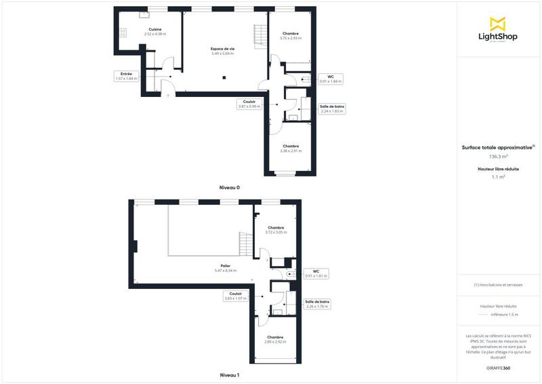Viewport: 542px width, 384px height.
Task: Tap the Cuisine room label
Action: [x=155, y=31]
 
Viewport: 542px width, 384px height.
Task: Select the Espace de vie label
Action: [x=222, y=51]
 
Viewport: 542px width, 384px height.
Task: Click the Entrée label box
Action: [x=126, y=76]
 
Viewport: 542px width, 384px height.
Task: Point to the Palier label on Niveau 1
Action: [x=226, y=268]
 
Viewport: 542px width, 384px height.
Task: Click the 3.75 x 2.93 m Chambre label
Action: [x=290, y=35]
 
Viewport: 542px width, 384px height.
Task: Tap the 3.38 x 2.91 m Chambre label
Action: [x=291, y=148]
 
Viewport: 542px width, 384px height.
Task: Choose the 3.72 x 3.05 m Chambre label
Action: [x=276, y=229]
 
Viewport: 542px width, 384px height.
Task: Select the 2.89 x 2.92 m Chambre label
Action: [x=275, y=339]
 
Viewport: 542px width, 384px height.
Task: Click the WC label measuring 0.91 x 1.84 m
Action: [x=331, y=79]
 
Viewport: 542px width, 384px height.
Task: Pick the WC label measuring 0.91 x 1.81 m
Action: [x=316, y=274]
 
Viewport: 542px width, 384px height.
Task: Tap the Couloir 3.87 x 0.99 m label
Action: [x=249, y=104]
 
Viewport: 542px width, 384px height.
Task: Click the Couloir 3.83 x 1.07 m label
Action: [x=235, y=296]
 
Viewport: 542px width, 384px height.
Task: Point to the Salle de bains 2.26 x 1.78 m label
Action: [x=318, y=304]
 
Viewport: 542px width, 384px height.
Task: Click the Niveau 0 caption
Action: [x=230, y=187]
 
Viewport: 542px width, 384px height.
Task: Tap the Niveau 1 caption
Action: [x=230, y=375]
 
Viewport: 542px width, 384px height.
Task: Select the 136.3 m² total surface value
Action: [x=498, y=156]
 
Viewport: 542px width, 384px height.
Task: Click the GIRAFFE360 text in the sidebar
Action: [x=498, y=367]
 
